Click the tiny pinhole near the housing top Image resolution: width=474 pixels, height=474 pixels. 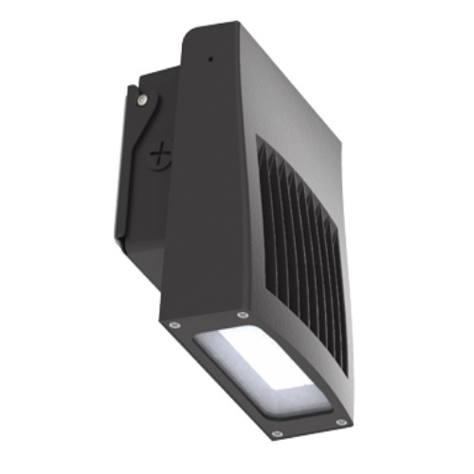(210, 60)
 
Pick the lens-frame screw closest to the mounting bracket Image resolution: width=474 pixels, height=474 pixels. (173, 324)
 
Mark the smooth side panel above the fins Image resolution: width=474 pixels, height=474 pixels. (284, 104)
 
